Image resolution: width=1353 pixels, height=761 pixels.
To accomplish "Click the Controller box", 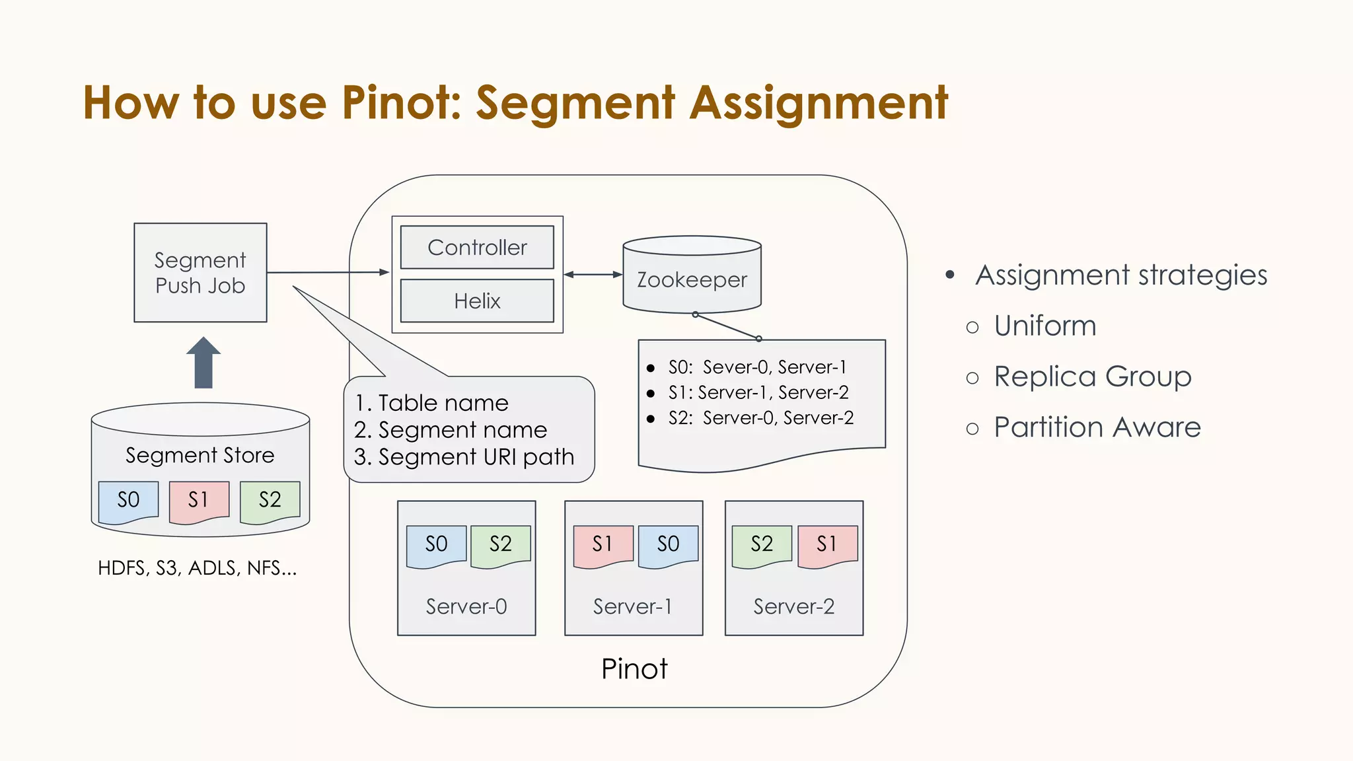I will [477, 248].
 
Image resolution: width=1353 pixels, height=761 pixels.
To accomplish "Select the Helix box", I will [477, 301].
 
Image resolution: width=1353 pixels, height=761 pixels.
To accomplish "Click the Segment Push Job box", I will [200, 273].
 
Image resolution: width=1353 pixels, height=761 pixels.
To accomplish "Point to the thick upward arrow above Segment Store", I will [203, 363].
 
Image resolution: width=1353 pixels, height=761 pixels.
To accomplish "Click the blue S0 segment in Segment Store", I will [128, 501].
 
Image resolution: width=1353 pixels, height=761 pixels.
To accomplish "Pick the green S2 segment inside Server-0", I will [500, 545].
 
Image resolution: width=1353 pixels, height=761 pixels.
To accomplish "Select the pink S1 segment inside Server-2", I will [827, 545].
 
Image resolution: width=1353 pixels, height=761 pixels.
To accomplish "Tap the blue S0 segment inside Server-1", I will [668, 545].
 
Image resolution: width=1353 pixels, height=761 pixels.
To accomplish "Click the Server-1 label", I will [632, 606].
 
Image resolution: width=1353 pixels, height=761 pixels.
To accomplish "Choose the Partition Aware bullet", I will [1097, 427].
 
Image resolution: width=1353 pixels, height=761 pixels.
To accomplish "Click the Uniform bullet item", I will [1044, 326].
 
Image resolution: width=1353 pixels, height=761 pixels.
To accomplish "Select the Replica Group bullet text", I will [1092, 377].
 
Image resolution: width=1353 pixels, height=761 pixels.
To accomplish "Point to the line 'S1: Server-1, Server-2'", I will [758, 393].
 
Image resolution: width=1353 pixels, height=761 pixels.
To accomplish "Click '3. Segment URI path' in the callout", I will [464, 457].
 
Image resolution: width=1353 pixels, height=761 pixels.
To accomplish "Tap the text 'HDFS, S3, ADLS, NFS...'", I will [197, 568].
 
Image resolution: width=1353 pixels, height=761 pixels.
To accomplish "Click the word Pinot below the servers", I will [634, 669].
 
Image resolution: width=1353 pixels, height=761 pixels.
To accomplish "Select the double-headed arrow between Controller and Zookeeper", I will [593, 275].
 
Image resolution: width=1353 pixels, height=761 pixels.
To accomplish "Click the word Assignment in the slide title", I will [819, 103].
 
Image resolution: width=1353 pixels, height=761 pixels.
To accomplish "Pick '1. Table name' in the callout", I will [431, 403].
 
